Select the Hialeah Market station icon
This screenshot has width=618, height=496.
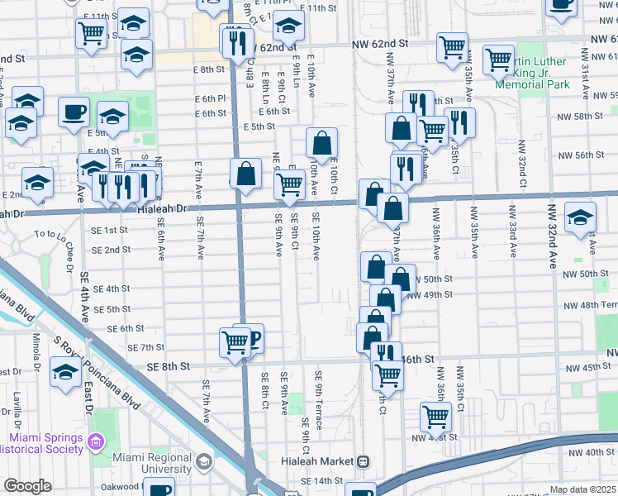[363, 460]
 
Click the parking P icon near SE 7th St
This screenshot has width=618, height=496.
[253, 336]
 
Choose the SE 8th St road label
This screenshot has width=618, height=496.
[169, 365]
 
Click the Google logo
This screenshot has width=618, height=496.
[27, 485]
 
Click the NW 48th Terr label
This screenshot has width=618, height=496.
[590, 305]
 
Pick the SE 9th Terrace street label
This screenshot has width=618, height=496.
[318, 399]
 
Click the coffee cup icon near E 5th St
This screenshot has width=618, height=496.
[74, 111]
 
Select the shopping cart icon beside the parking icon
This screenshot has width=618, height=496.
[235, 341]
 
